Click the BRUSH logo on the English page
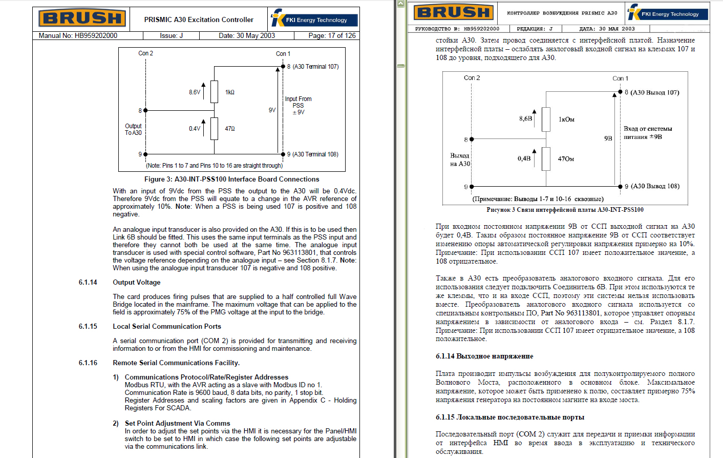point(82,18)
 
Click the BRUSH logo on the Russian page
point(454,12)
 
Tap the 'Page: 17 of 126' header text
point(332,35)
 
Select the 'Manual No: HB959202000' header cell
point(78,35)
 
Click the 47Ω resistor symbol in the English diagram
point(214,128)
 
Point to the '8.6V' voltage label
point(195,92)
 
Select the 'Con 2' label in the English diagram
point(145,53)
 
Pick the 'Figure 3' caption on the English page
point(231,179)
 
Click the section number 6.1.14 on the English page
point(88,282)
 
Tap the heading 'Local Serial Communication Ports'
point(167,326)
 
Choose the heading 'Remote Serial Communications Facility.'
point(176,363)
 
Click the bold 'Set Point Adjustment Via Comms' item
point(177,423)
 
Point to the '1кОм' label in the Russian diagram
point(566,120)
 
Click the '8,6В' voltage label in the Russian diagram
point(525,118)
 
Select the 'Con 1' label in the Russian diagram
point(620,78)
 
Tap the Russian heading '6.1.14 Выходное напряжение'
point(484,356)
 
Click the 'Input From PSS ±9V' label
point(298,106)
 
